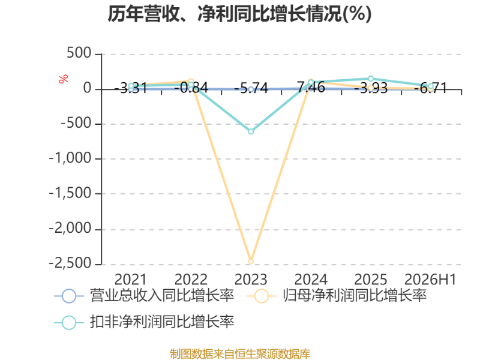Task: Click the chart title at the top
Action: click(x=239, y=14)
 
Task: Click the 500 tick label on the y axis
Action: click(x=79, y=53)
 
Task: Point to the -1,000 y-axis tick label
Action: click(x=70, y=158)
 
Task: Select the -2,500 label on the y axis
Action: click(x=70, y=263)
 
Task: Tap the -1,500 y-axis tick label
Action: click(x=70, y=193)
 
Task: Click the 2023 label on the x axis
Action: click(x=251, y=280)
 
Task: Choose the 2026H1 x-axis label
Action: click(x=430, y=280)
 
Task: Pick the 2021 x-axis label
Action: click(x=131, y=280)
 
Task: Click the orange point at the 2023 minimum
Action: click(x=251, y=262)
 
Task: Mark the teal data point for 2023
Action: click(x=251, y=131)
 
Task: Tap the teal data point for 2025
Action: click(x=371, y=79)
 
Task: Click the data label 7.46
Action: click(x=311, y=87)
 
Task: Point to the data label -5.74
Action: click(x=251, y=88)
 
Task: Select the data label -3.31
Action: click(x=131, y=88)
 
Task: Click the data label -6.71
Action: click(x=430, y=88)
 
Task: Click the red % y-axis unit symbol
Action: click(x=64, y=79)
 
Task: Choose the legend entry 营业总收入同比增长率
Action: click(x=144, y=296)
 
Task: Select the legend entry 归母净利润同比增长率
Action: click(x=337, y=296)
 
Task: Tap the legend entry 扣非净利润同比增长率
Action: click(x=144, y=322)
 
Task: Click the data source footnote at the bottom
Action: click(x=240, y=354)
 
